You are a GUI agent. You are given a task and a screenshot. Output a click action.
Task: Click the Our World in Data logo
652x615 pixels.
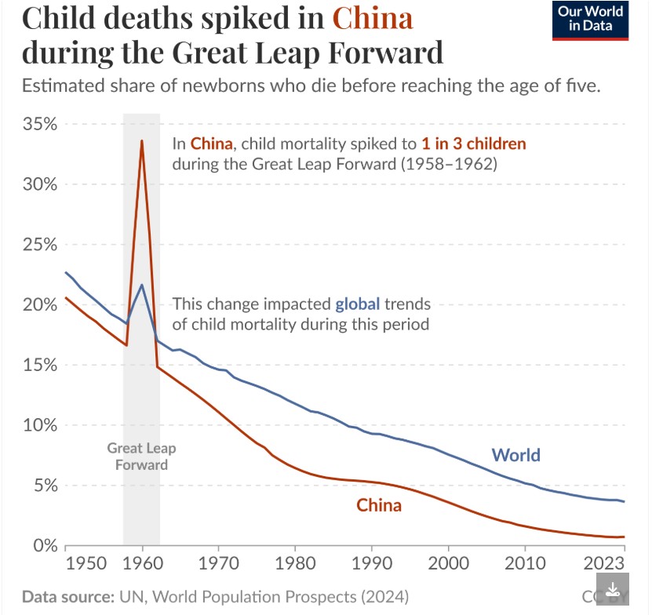(591, 21)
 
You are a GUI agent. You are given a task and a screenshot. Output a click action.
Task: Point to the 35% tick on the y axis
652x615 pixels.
(40, 125)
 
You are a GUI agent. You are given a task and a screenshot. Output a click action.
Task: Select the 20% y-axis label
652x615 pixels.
(40, 305)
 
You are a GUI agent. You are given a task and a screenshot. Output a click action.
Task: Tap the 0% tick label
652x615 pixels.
(45, 545)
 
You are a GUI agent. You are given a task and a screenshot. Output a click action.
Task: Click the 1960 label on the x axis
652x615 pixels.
(142, 563)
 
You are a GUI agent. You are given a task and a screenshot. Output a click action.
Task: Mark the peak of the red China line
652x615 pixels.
(141, 140)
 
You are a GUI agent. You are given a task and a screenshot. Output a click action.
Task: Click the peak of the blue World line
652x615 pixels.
(141, 285)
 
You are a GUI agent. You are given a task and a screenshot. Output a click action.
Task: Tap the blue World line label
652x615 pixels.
(515, 455)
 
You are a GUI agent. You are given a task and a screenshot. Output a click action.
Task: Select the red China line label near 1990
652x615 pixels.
(379, 505)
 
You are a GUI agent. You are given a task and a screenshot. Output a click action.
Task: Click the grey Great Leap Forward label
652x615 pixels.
(141, 457)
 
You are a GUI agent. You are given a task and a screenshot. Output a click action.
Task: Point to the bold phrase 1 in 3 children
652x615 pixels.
(475, 144)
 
